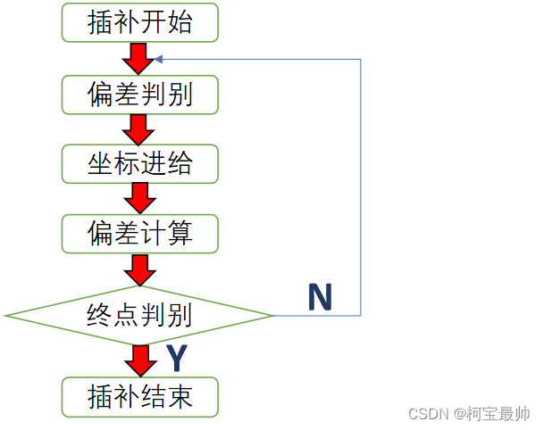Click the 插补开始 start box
point(139,22)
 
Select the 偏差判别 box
point(139,94)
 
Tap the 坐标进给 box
point(139,164)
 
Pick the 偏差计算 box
point(139,235)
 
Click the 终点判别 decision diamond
point(139,315)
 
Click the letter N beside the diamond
point(321,297)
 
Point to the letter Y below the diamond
point(177,358)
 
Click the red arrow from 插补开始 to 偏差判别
point(139,58)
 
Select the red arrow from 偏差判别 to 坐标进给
point(139,128)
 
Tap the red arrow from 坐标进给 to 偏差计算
point(139,199)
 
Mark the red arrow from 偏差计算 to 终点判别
point(139,269)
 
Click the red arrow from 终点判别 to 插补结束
point(139,360)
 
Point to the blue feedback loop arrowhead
point(159,60)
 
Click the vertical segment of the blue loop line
point(360,187)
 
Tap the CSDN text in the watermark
point(428,415)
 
